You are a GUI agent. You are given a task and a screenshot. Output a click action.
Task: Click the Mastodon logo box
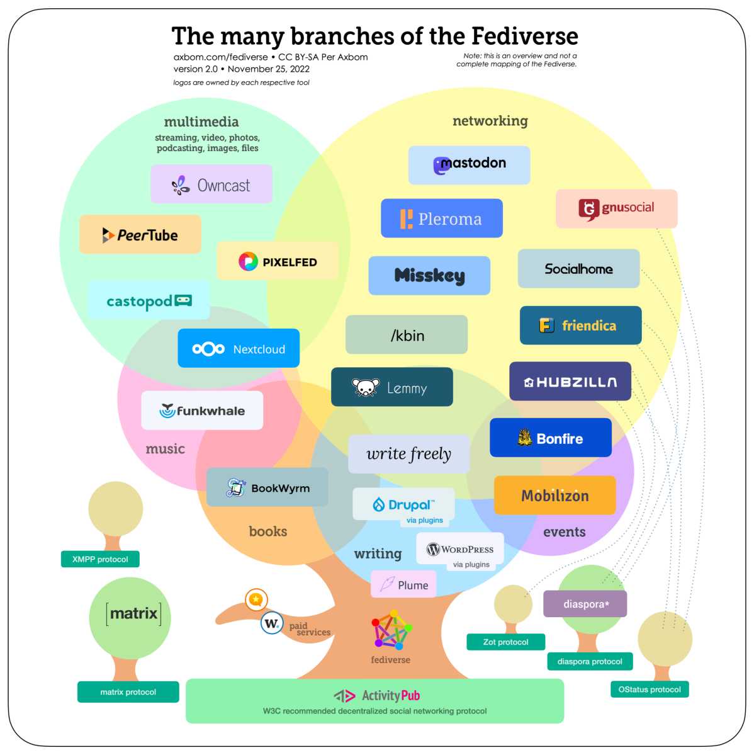tap(469, 165)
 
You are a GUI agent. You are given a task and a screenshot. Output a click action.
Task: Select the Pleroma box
tap(441, 219)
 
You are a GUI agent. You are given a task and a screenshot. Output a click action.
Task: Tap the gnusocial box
tap(616, 208)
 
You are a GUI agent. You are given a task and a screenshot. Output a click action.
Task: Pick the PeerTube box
tap(140, 235)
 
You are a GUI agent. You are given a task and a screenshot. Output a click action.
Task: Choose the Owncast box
tap(211, 184)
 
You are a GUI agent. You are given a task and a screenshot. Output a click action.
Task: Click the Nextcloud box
tap(238, 348)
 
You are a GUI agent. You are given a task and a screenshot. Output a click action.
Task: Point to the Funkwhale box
tap(202, 411)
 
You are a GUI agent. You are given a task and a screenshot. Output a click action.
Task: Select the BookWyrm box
tap(267, 487)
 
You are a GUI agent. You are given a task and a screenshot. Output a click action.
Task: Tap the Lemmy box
tap(391, 387)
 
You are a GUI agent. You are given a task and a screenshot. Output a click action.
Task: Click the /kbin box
tap(407, 335)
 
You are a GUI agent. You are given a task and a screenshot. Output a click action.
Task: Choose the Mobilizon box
tap(554, 496)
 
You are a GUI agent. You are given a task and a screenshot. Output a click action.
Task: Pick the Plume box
tap(403, 584)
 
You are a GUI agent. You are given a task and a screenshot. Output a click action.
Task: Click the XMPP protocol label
tap(100, 559)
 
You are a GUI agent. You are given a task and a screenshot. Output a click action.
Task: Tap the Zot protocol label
tap(505, 642)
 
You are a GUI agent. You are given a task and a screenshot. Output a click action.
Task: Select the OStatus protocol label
tap(650, 690)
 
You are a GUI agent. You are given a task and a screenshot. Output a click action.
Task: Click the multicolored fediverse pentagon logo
tap(391, 630)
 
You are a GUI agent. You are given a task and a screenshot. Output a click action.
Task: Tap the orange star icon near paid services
tap(256, 599)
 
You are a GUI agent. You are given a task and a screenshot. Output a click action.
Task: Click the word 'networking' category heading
tap(490, 121)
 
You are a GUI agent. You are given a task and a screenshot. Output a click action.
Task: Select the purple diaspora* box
tap(585, 604)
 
